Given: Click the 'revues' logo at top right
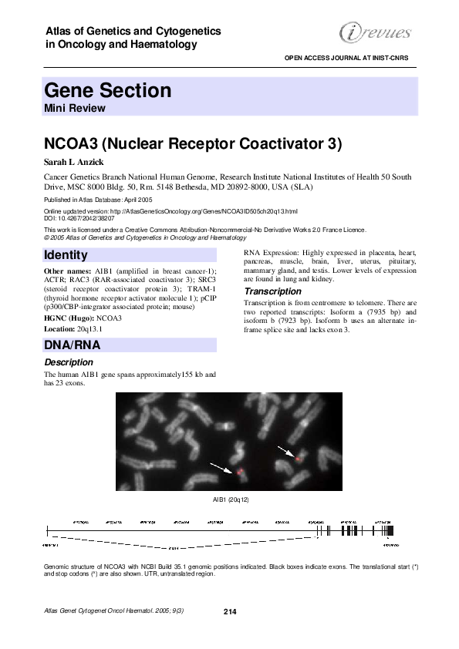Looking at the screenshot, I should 376,32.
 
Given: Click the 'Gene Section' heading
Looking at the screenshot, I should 107,90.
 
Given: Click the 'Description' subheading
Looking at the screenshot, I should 69,361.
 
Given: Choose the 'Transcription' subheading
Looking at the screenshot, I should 272,291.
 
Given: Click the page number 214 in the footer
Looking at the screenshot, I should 229,611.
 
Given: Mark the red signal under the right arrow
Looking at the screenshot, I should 298,459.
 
